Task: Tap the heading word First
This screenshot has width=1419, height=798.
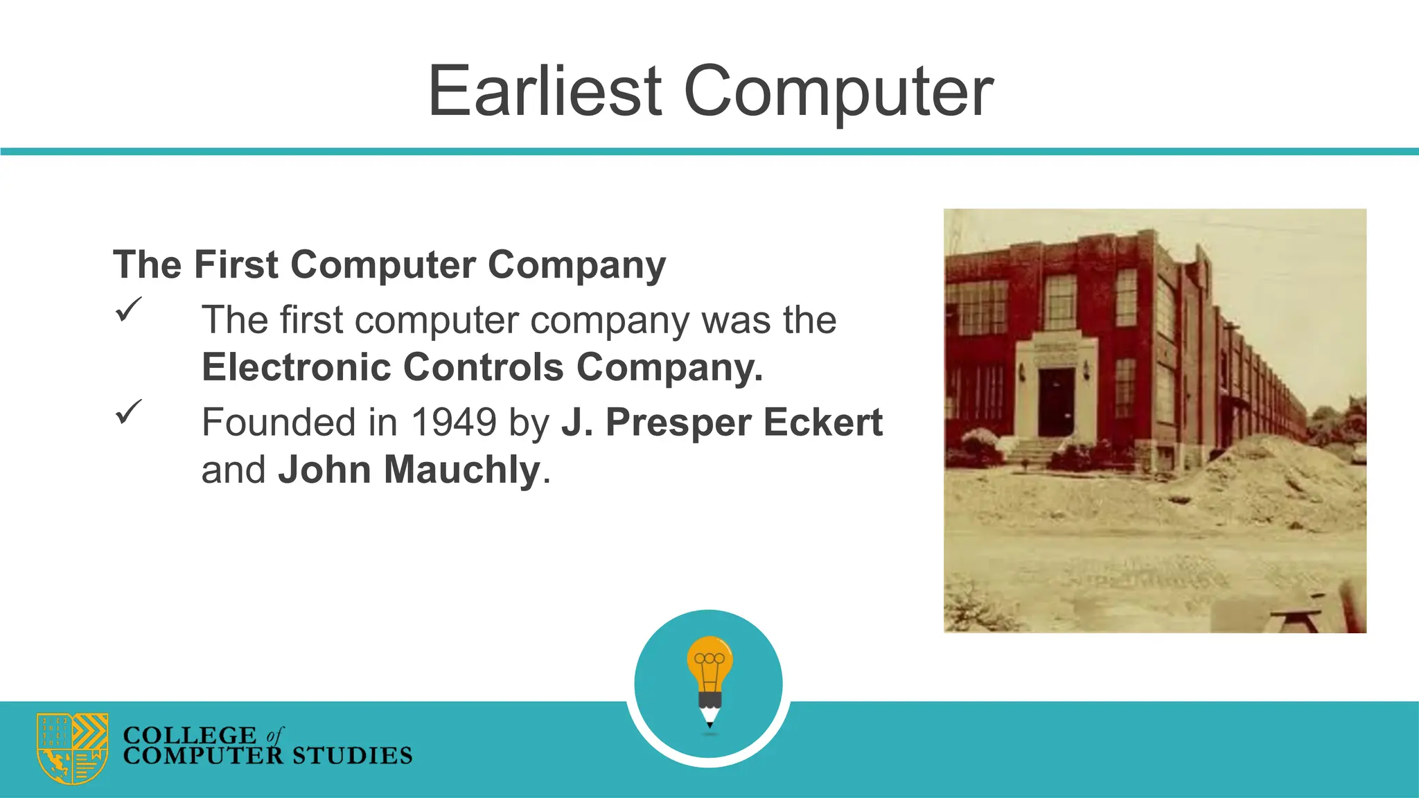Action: [236, 265]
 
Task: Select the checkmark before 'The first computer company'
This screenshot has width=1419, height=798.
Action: [128, 309]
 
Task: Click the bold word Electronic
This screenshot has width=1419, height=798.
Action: [296, 366]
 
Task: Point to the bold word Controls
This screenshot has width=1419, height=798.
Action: [483, 366]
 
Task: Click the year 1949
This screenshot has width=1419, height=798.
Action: [454, 422]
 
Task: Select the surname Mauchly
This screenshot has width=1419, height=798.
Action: [462, 470]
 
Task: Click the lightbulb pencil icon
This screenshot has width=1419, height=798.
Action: [709, 682]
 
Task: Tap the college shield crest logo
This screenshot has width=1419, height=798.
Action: [73, 748]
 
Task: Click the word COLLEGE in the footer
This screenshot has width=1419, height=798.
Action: [189, 735]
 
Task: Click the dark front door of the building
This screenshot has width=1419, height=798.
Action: [1055, 402]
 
